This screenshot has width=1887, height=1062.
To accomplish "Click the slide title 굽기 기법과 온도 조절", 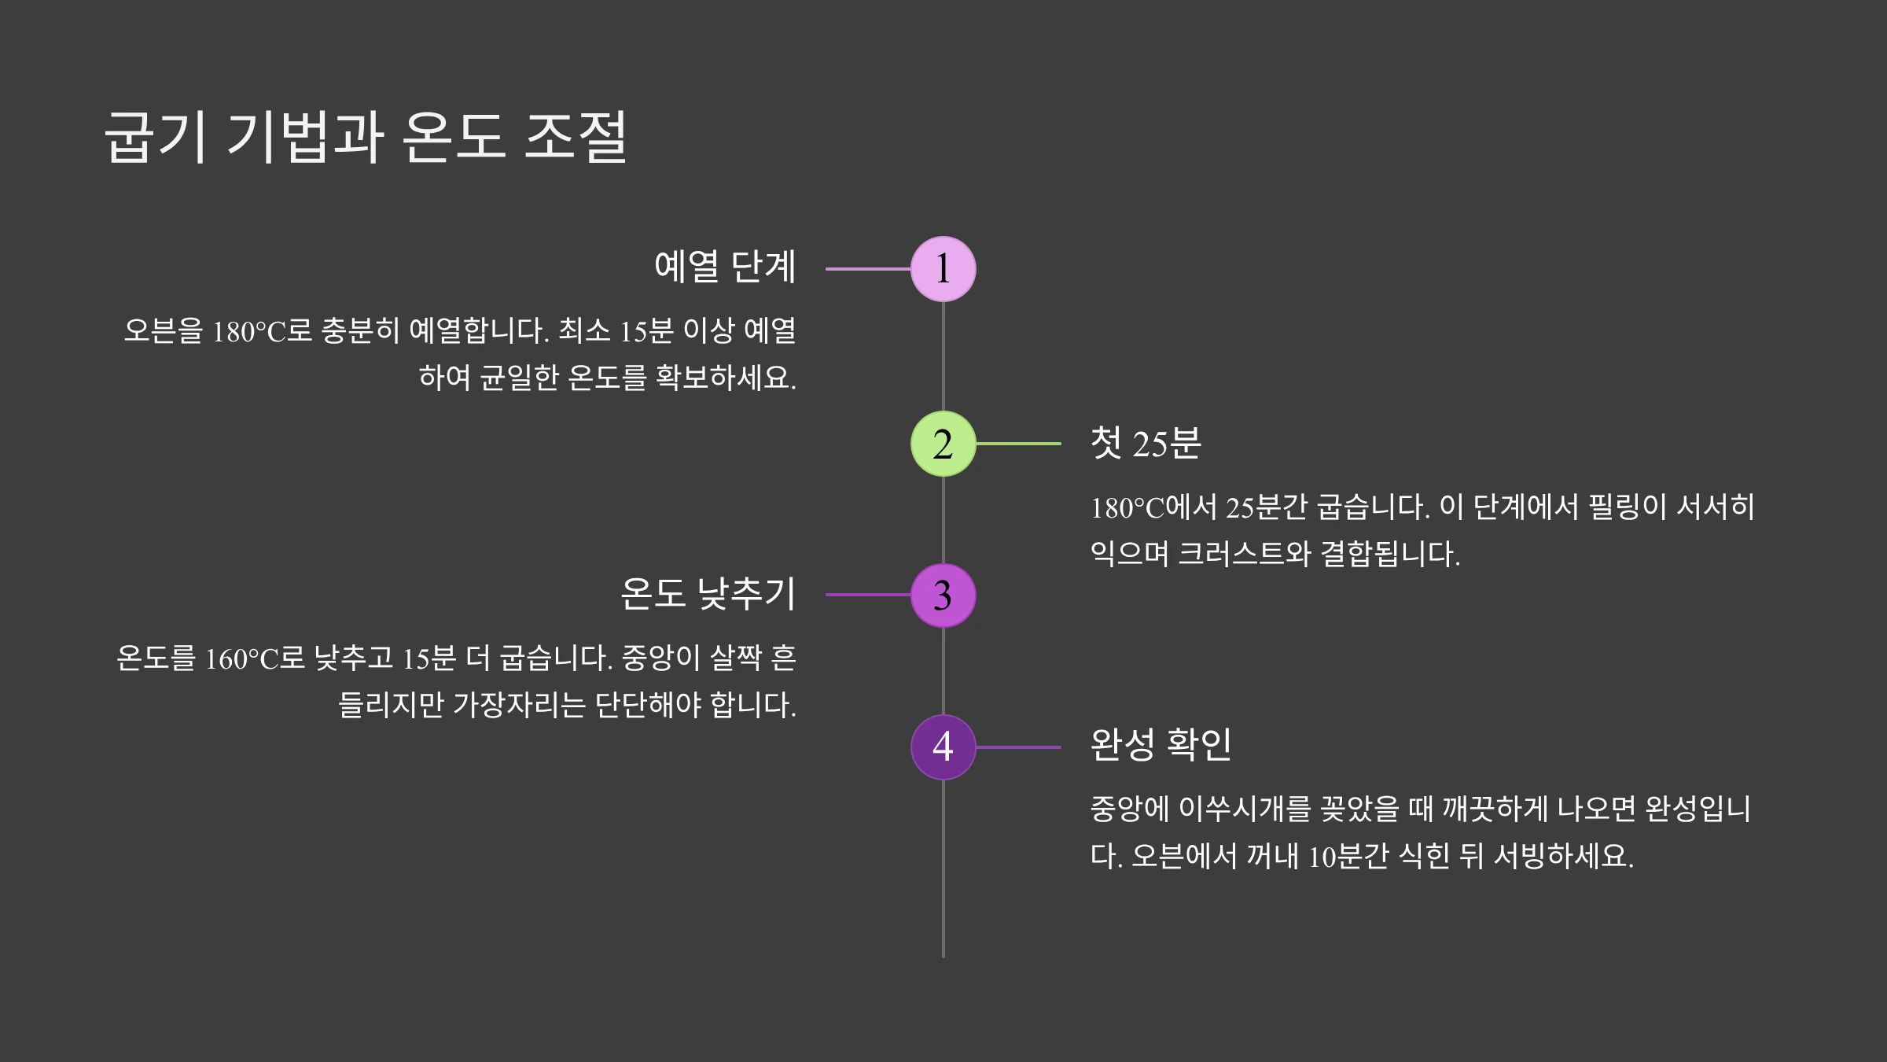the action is click(366, 138).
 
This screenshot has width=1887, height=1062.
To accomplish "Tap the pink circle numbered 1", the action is click(943, 269).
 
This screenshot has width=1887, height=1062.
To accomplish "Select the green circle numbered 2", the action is click(943, 444).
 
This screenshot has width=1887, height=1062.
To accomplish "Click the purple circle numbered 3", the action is click(943, 596).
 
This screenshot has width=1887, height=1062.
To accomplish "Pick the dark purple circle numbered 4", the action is click(943, 747).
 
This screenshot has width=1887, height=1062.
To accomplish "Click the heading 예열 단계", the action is click(725, 267).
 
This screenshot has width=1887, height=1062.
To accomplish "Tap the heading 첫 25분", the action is click(1146, 443).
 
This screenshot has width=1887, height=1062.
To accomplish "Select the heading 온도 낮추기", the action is click(708, 593).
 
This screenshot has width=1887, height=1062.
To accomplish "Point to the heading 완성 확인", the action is click(1161, 744).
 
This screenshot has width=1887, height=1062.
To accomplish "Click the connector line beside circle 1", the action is click(867, 269).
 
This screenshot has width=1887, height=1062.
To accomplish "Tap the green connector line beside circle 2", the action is click(1018, 444).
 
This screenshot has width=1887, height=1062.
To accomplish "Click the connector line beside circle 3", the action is click(867, 595).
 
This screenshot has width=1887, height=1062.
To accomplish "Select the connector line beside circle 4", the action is click(1018, 747).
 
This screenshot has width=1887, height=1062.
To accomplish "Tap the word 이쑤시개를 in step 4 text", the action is click(1245, 809).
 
